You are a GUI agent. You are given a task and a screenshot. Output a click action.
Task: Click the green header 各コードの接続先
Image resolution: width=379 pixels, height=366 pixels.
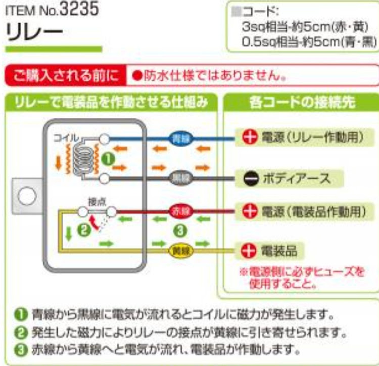click(x=302, y=103)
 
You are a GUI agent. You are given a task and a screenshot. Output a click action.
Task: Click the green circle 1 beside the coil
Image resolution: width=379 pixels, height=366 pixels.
click(x=107, y=158)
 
